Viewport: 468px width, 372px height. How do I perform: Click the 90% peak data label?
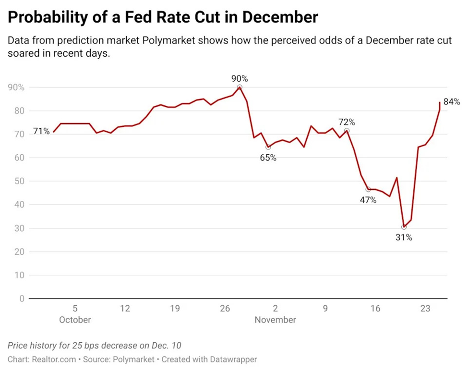pos(240,78)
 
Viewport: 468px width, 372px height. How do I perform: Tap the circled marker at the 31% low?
pos(404,227)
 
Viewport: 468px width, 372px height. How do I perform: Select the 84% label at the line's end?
pos(452,102)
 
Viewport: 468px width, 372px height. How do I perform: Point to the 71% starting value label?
pos(41,131)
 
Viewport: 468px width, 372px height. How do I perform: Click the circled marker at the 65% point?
pos(268,147)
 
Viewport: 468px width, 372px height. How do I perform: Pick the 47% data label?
pos(368,200)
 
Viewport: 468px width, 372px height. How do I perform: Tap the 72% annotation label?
pos(346,122)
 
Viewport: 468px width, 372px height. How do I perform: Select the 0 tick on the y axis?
pos(22,298)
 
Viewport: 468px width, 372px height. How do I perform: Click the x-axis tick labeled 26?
pos(225,309)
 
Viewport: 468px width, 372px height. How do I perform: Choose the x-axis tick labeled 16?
pos(375,309)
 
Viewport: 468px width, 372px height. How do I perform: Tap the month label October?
pos(75,320)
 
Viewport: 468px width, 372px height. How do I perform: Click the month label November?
pos(275,320)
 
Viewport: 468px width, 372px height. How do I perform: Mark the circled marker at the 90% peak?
pos(240,87)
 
